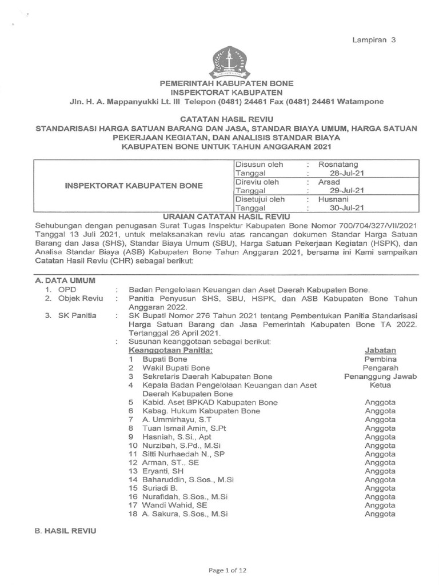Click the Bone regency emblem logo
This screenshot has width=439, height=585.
pyautogui.click(x=230, y=62)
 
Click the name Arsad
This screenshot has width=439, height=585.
pyautogui.click(x=329, y=182)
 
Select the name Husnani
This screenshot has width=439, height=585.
pyautogui.click(x=333, y=199)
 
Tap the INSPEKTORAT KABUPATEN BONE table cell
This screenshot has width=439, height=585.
pyautogui.click(x=134, y=186)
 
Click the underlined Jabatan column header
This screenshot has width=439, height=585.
pyautogui.click(x=380, y=350)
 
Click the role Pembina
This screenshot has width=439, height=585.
pyautogui.click(x=380, y=359)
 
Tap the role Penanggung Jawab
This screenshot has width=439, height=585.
pyautogui.click(x=380, y=376)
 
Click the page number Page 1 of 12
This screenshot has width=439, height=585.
pyautogui.click(x=227, y=570)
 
